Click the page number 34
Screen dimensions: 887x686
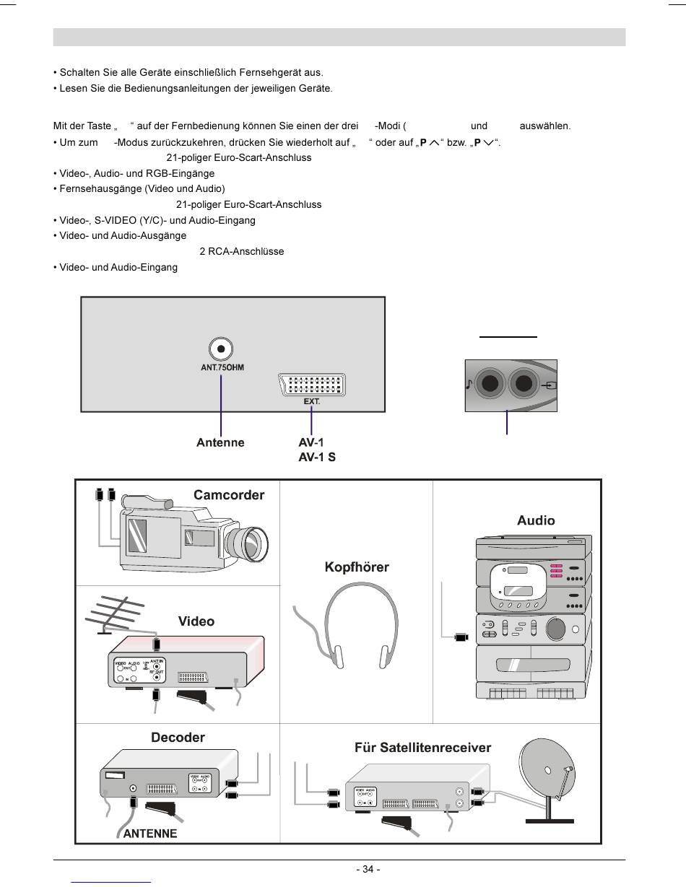pos(368,869)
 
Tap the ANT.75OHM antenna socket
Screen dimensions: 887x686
pos(221,349)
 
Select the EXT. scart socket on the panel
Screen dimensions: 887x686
pos(311,385)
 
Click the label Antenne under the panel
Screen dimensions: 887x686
pos(220,442)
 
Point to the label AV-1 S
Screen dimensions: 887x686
pos(317,458)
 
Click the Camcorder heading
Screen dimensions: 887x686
pos(229,495)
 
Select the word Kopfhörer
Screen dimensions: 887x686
pos(357,567)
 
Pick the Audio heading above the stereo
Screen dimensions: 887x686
pos(536,520)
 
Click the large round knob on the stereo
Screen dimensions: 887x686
pos(556,628)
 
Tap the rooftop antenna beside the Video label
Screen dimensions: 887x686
pos(117,616)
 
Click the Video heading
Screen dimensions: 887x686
pos(196,621)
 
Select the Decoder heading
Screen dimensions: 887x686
pos(178,737)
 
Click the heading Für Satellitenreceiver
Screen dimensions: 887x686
pos(422,747)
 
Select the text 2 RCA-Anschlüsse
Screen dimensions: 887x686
pos(241,251)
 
